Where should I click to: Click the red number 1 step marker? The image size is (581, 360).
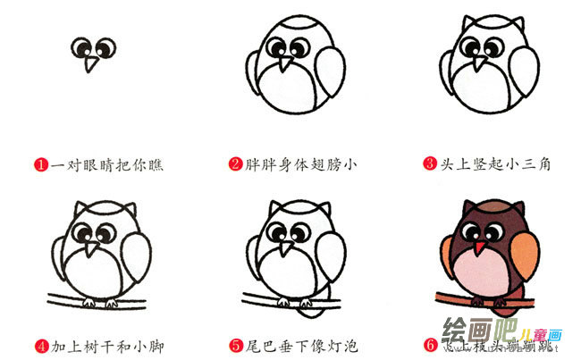[x=40, y=163]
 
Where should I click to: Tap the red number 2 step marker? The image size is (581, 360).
[x=235, y=163]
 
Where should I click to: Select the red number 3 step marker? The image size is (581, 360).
[x=430, y=163]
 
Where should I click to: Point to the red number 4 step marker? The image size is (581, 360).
[x=40, y=344]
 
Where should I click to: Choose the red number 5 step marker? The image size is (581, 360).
[x=235, y=344]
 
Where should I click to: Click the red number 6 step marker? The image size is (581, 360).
[x=430, y=344]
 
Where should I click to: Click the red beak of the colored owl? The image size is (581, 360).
[x=481, y=246]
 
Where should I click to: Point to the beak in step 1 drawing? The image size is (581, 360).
[x=89, y=64]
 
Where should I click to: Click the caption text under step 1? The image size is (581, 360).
[x=107, y=163]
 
